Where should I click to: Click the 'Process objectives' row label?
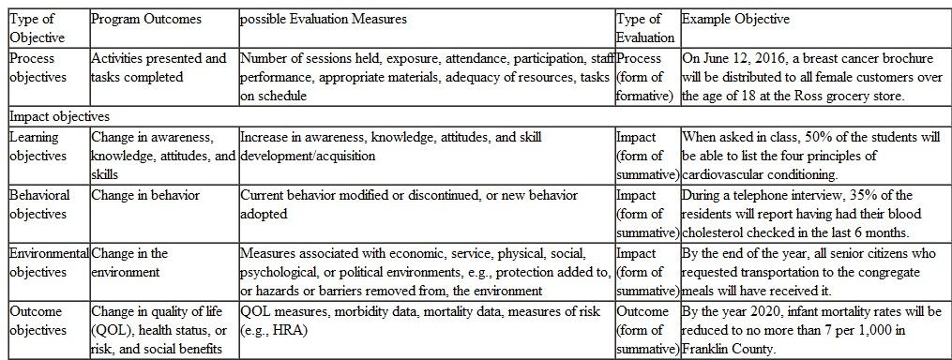click(x=38, y=67)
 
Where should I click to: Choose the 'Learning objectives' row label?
click(x=38, y=146)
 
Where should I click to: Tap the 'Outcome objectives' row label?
click(x=38, y=320)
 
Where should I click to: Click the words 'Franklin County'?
click(x=727, y=348)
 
